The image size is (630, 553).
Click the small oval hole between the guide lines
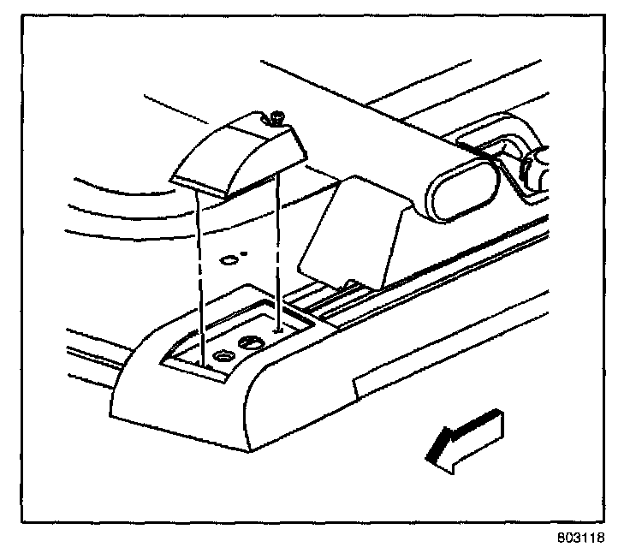pyautogui.click(x=229, y=258)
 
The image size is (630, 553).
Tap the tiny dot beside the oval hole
pyautogui.click(x=247, y=253)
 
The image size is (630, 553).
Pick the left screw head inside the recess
pyautogui.click(x=223, y=355)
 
